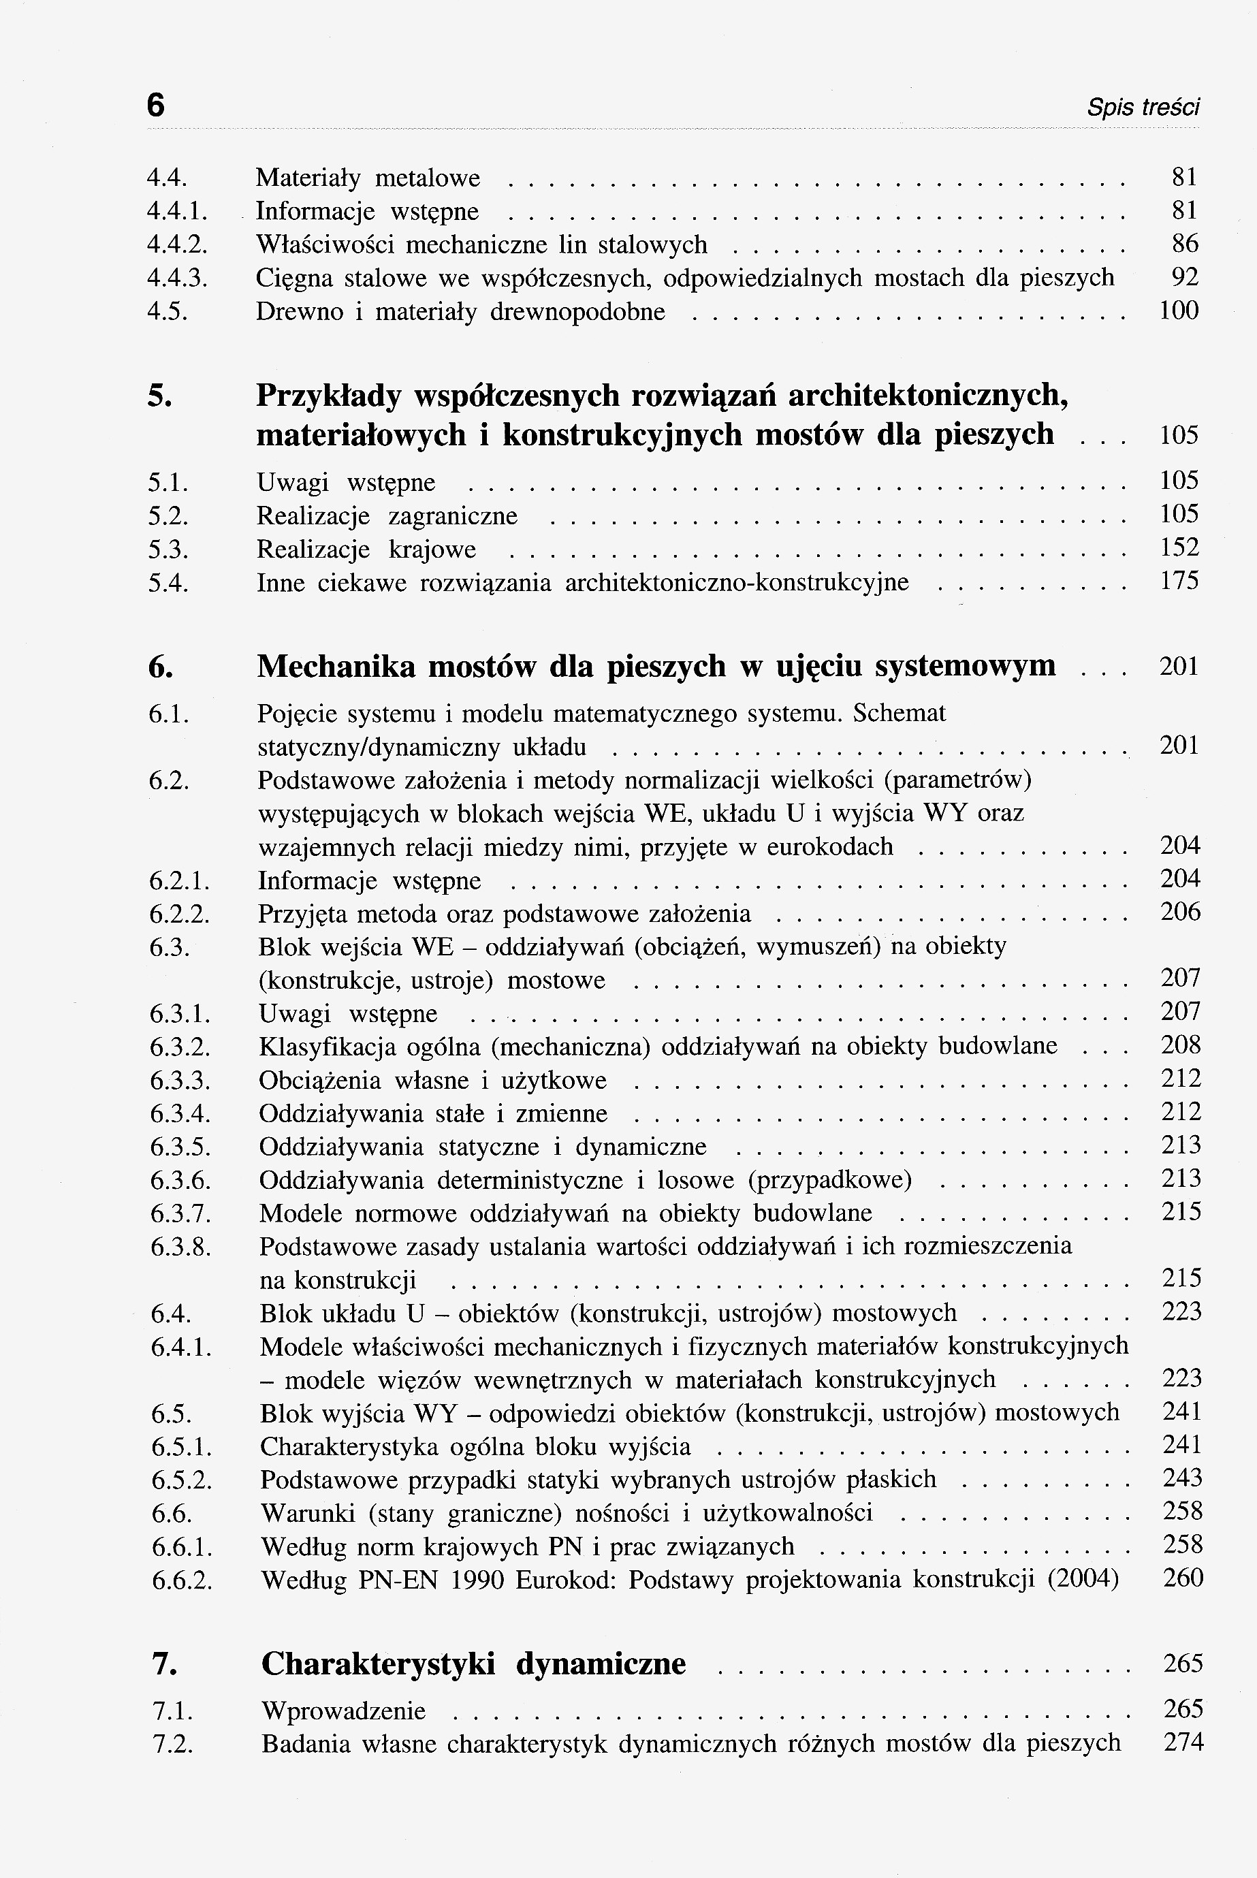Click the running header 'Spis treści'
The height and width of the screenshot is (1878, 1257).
point(1143,108)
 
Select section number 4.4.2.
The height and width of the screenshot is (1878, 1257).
point(178,244)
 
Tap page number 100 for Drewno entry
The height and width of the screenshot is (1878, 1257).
point(1179,311)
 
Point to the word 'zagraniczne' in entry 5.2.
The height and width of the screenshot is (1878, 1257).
point(453,516)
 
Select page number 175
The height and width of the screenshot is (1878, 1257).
point(1179,581)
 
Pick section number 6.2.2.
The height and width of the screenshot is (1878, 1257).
point(180,914)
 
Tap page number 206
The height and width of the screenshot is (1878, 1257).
point(1180,912)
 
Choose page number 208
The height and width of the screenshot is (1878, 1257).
point(1181,1045)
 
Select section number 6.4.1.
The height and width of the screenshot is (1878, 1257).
point(181,1348)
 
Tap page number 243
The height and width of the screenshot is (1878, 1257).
point(1183,1478)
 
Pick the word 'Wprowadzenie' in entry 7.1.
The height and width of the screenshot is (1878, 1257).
point(343,1710)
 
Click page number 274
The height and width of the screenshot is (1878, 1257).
point(1183,1742)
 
